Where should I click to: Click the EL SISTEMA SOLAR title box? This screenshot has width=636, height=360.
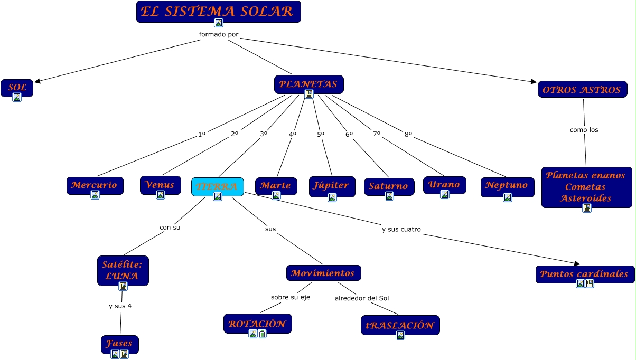(218, 11)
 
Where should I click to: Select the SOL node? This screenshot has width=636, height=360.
(17, 87)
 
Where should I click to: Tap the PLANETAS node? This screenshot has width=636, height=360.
(308, 84)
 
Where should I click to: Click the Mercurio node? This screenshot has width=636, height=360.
(95, 185)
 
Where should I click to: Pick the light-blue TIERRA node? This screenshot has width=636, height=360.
(217, 186)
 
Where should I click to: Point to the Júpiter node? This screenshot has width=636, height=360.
(332, 185)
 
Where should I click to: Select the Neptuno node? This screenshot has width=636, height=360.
(507, 185)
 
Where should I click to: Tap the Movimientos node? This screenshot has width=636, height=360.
(323, 273)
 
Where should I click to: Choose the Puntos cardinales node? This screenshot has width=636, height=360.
(585, 273)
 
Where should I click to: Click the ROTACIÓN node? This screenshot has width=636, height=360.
(257, 323)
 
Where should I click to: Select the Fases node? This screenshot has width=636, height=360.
(119, 344)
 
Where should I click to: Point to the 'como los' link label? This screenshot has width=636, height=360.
(584, 129)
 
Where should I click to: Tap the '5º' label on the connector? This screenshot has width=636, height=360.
(321, 134)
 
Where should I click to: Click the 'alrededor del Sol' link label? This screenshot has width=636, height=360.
(362, 298)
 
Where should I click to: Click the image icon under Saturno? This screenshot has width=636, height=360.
(389, 196)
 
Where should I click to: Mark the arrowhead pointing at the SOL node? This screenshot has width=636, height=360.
(37, 81)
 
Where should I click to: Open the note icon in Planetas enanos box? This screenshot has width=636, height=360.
(586, 207)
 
